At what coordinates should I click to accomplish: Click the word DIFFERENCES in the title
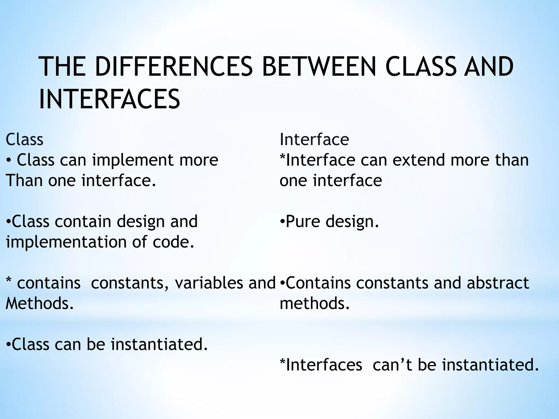click(x=174, y=67)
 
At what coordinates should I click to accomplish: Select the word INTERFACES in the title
click(x=109, y=99)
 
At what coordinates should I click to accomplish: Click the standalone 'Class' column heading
click(x=24, y=140)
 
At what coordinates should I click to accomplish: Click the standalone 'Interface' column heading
click(x=314, y=140)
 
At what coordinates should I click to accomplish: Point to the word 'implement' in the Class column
click(x=133, y=160)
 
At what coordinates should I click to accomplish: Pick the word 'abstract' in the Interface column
click(x=498, y=283)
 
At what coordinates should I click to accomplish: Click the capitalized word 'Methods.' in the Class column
click(x=40, y=304)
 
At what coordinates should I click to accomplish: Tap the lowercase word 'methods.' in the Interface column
click(x=314, y=304)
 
